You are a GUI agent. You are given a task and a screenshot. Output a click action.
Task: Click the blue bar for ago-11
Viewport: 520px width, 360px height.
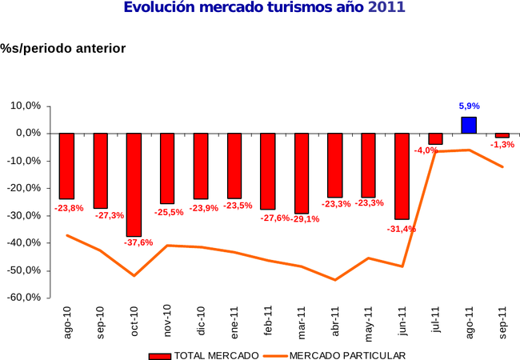[x=469, y=125]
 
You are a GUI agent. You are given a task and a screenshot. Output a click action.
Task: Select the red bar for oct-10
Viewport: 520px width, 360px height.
[x=134, y=184]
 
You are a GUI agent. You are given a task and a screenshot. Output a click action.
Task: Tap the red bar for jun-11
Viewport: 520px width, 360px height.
[x=402, y=176]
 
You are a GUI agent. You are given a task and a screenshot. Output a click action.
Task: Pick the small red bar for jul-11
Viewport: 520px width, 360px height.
[x=435, y=138]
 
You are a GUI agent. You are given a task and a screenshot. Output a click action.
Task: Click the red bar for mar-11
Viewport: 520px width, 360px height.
[x=301, y=173]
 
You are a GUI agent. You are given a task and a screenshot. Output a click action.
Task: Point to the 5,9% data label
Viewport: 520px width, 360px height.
[x=469, y=106]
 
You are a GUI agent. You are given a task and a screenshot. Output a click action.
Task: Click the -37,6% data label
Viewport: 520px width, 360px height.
[x=138, y=242]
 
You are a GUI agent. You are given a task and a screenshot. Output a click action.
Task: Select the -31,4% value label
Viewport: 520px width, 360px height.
[x=402, y=229]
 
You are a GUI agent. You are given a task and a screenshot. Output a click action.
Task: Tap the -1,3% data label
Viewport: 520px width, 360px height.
[x=502, y=144]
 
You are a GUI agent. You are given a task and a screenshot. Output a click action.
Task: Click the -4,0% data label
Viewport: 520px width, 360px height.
[x=426, y=150]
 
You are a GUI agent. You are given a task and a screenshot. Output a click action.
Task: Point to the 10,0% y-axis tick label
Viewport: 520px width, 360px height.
[x=26, y=106]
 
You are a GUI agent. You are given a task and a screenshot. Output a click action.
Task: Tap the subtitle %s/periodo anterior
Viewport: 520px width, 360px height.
[x=63, y=49]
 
